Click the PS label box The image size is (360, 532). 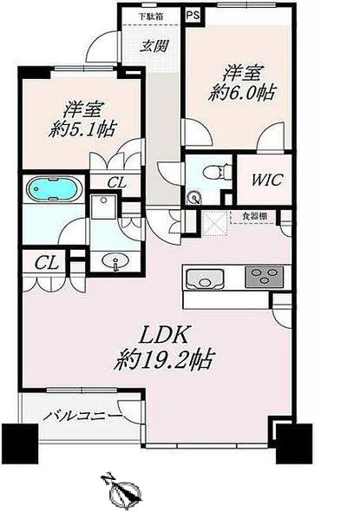point(193,16)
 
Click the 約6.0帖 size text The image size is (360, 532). point(241,93)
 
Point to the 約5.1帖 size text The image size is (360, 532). point(82,129)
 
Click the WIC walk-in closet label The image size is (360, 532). point(266,180)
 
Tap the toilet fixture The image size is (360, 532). point(217,169)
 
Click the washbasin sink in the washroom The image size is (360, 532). point(115,262)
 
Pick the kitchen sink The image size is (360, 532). point(205,279)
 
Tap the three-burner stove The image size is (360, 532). point(265,275)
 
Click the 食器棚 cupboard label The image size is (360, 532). point(254,217)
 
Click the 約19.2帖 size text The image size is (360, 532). point(163,360)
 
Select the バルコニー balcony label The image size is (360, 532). point(82,416)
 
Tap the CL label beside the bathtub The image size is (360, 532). point(116,184)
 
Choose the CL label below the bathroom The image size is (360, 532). point(46,263)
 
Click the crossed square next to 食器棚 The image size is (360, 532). point(214,223)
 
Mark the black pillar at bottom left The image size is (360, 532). point(20,443)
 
